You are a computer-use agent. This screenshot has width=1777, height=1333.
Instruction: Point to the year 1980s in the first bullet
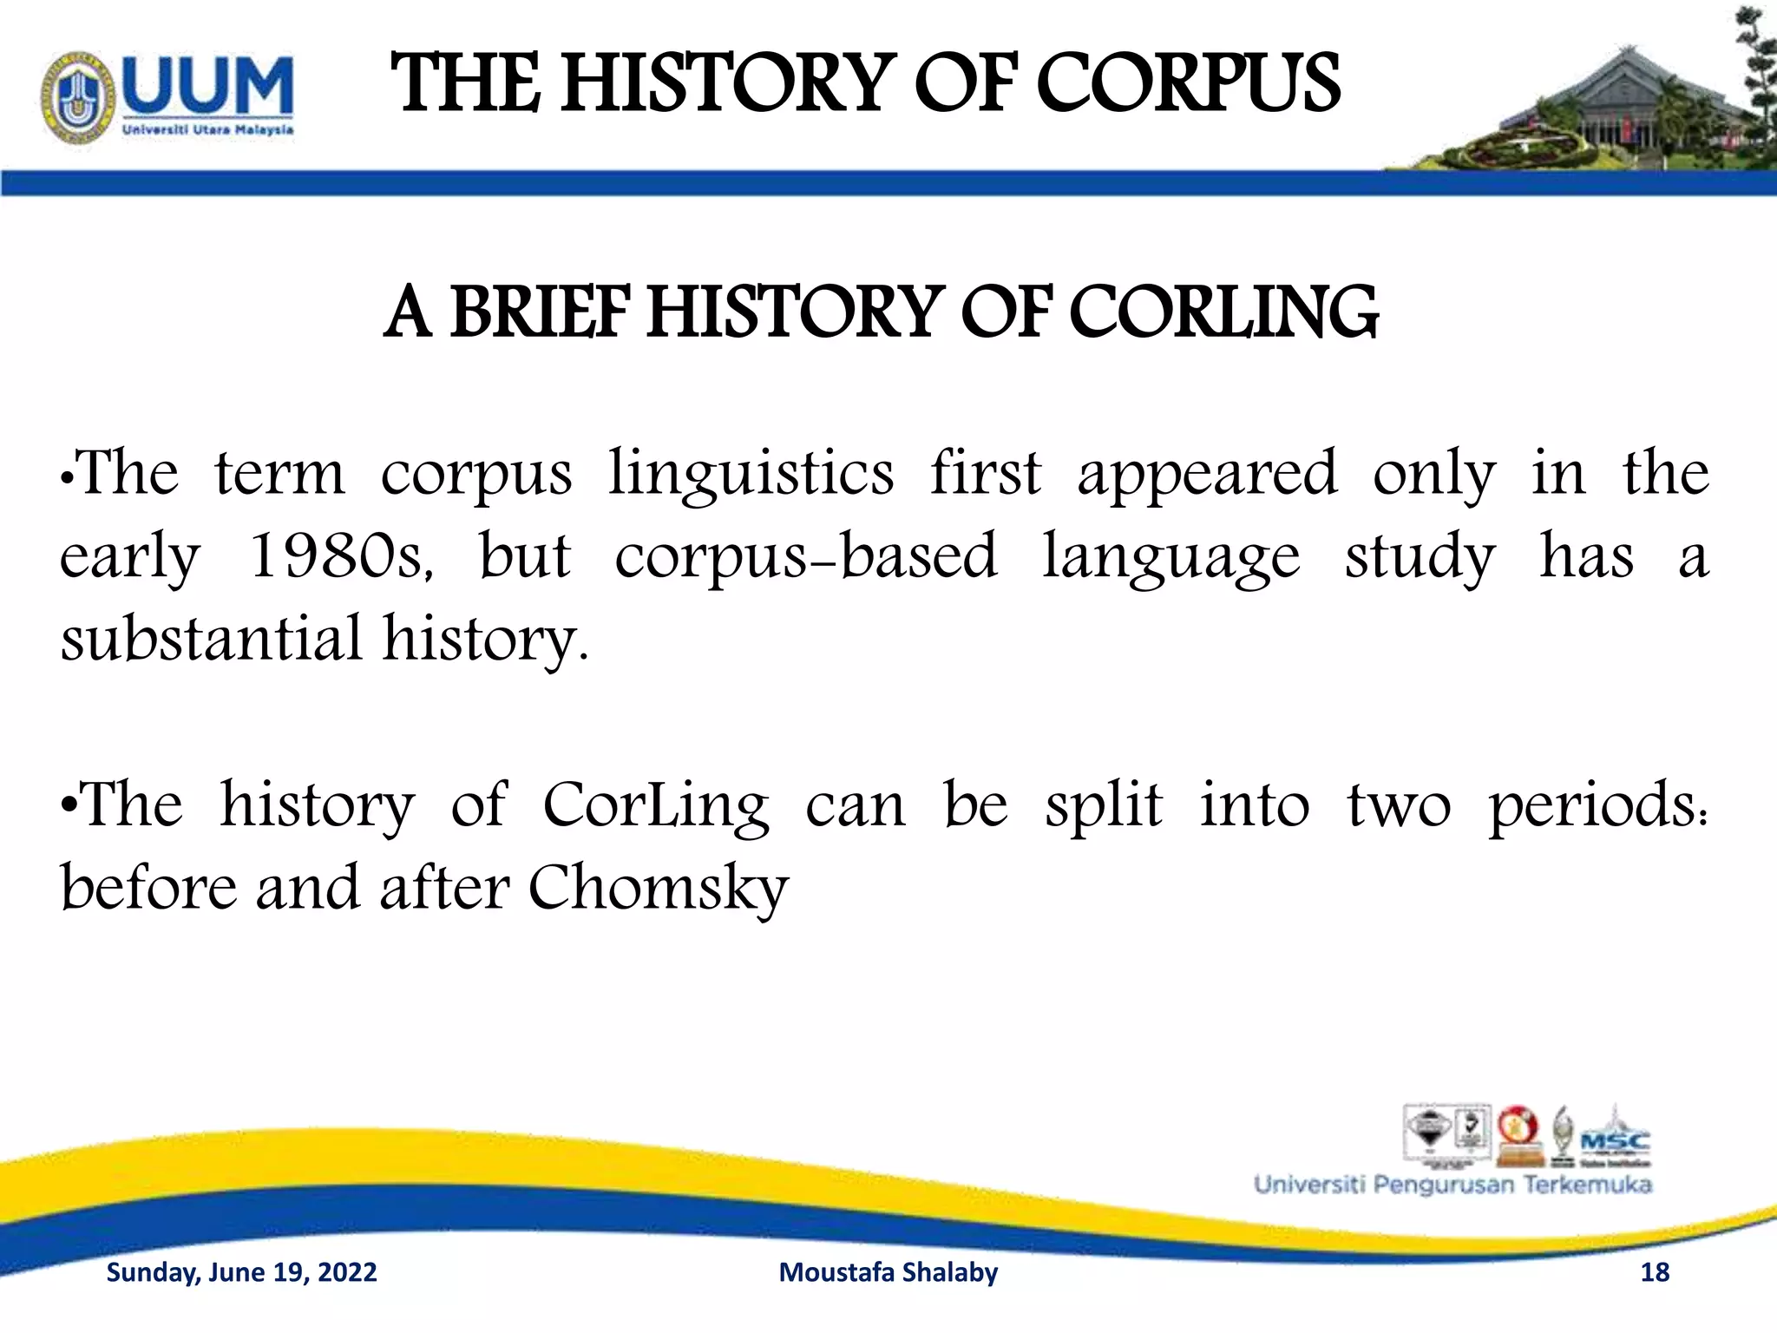(340, 555)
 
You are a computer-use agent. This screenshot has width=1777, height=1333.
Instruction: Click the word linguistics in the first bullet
(751, 474)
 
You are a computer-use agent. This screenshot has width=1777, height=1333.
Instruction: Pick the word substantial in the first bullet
(211, 638)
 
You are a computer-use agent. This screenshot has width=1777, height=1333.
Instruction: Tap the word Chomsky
(659, 889)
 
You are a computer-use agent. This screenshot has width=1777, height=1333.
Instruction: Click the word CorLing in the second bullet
(656, 805)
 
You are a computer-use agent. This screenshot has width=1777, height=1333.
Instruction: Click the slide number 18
(1655, 1272)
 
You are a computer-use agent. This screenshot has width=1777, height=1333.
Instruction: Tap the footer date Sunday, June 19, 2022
(241, 1272)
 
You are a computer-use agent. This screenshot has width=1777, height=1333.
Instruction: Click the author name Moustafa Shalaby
(888, 1272)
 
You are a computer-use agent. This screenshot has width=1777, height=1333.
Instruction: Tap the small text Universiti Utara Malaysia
(207, 130)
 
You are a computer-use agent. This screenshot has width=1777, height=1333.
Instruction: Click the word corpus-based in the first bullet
(806, 556)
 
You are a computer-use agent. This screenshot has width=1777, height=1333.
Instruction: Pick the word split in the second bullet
(1104, 805)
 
